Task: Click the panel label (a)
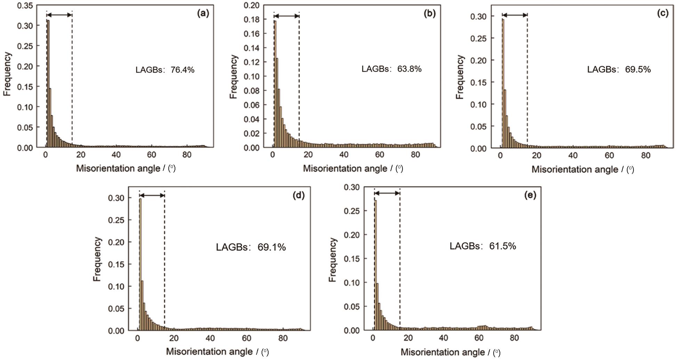click(203, 14)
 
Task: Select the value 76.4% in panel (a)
click(182, 70)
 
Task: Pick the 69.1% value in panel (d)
click(272, 247)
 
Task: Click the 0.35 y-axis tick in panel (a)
click(25, 6)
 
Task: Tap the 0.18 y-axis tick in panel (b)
click(252, 19)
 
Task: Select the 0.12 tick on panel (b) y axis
click(252, 62)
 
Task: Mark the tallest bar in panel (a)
click(48, 83)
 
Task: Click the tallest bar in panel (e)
click(376, 264)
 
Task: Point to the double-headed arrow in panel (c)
click(515, 15)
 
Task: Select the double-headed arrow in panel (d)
click(152, 195)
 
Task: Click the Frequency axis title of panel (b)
click(233, 77)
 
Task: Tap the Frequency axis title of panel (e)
click(333, 259)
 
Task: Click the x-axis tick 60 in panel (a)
click(152, 155)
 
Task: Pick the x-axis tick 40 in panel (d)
click(210, 338)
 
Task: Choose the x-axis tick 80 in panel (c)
click(646, 155)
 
